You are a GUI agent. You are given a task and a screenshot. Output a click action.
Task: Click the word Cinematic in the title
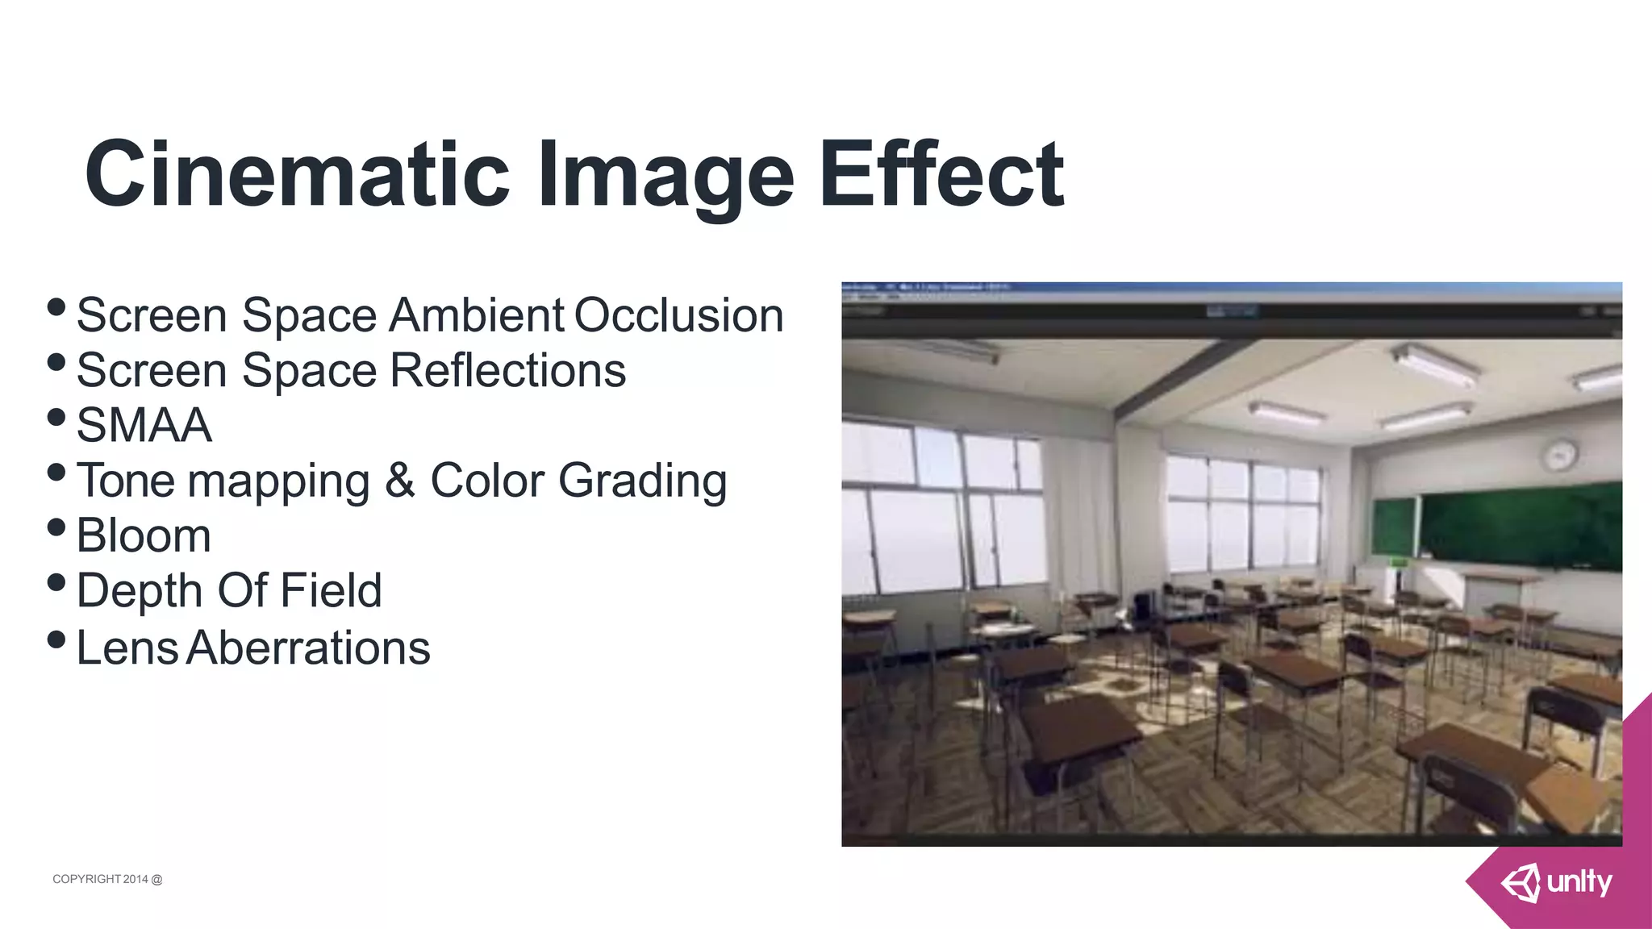[x=297, y=174]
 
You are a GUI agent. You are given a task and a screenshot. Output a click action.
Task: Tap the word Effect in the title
[x=941, y=174]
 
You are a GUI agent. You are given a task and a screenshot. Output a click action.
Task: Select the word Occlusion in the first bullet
[x=678, y=315]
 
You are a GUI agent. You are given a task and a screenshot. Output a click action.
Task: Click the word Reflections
[x=507, y=370]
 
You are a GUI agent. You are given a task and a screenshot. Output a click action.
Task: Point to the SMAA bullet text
[x=144, y=425]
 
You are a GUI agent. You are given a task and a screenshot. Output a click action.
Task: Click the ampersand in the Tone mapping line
[x=399, y=481]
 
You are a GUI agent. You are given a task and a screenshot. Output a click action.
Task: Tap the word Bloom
[x=144, y=535]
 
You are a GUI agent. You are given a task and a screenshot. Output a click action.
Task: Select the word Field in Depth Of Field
[x=331, y=590]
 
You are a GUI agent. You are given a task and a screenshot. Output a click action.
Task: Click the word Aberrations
[x=309, y=648]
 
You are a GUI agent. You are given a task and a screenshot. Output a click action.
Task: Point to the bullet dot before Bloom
[x=56, y=527]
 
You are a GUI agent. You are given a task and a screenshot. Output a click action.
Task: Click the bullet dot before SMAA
[x=56, y=417]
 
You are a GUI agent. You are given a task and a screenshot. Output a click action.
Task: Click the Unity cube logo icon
[x=1521, y=883]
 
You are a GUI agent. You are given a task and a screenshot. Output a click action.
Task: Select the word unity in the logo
[x=1579, y=882]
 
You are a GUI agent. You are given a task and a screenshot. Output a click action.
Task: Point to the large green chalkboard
[x=1521, y=525]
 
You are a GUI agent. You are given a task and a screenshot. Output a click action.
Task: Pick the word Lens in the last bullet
[x=127, y=648]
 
